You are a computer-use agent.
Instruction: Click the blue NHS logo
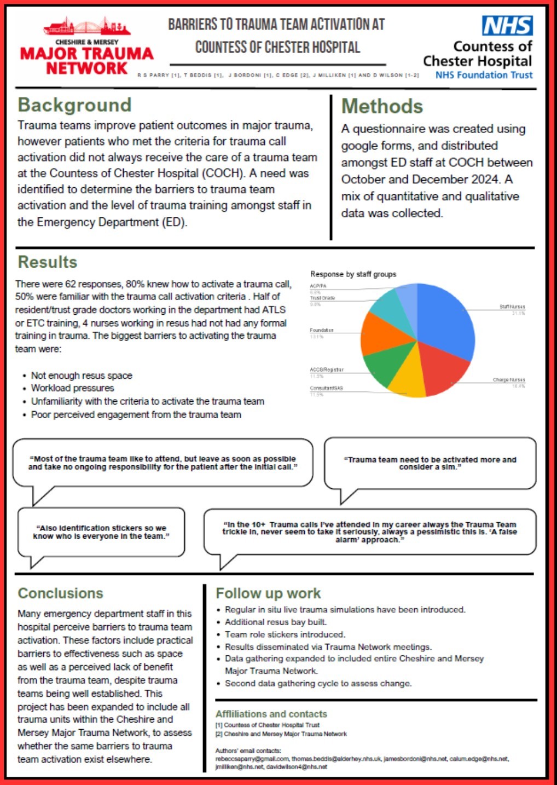pyautogui.click(x=507, y=26)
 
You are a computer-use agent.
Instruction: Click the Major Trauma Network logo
pyautogui.click(x=87, y=48)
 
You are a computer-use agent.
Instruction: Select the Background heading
pyautogui.click(x=74, y=105)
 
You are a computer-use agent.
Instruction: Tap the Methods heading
pyautogui.click(x=382, y=106)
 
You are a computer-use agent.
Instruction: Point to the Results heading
pyautogui.click(x=48, y=262)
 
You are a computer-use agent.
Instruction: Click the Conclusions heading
pyautogui.click(x=60, y=593)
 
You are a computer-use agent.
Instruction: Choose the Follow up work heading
pyautogui.click(x=268, y=593)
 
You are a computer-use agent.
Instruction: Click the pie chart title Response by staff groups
pyautogui.click(x=353, y=274)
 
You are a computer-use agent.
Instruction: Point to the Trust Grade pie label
pyautogui.click(x=322, y=298)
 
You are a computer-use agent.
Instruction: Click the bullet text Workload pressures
pyautogui.click(x=72, y=388)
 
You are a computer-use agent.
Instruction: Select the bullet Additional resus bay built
pyautogui.click(x=275, y=622)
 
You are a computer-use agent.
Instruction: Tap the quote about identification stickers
pyautogui.click(x=101, y=532)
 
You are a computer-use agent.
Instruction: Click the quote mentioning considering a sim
pyautogui.click(x=430, y=463)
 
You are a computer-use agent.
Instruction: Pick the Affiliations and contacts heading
pyautogui.click(x=271, y=714)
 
